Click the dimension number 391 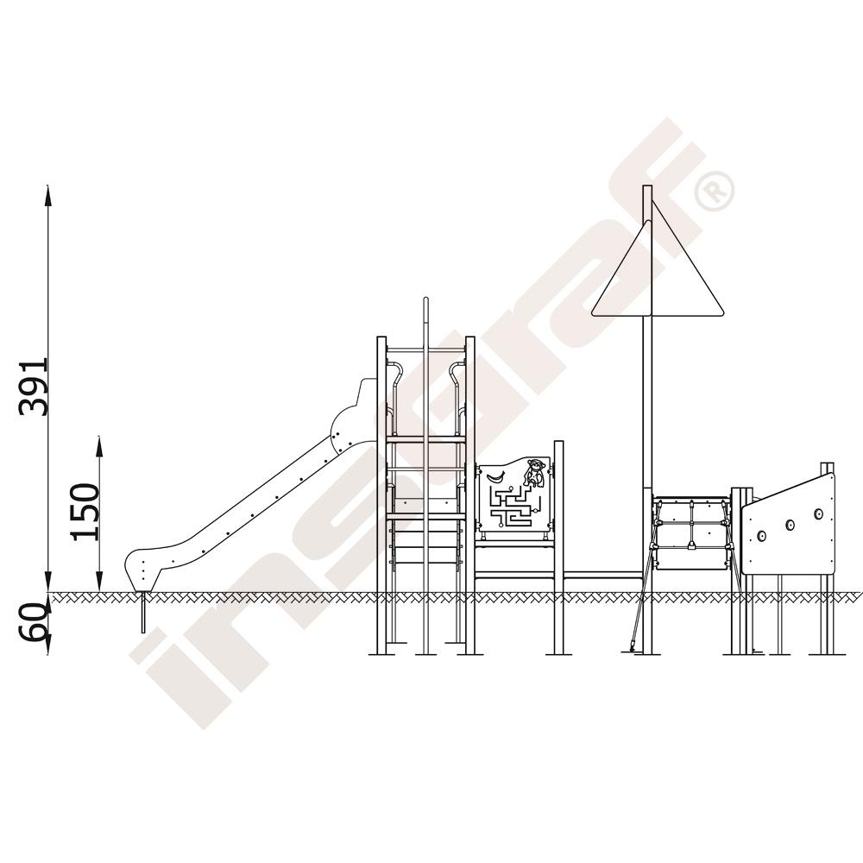34,387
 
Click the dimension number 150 85,512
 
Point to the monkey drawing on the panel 533,473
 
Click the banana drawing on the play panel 494,476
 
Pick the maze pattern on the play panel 514,507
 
